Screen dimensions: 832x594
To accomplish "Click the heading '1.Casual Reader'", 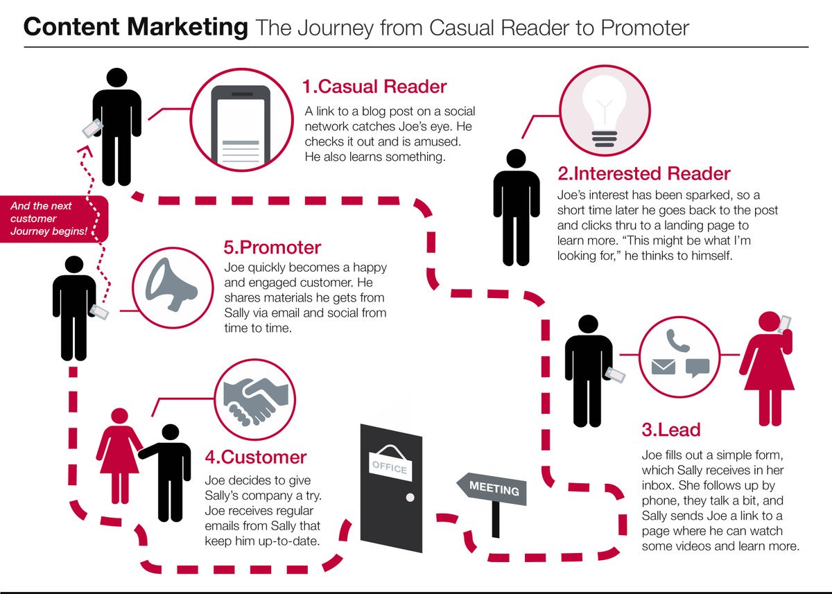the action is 374,87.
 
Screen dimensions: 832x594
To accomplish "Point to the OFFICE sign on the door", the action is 390,467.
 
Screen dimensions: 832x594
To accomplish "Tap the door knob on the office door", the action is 410,498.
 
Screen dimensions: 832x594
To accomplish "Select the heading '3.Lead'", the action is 670,430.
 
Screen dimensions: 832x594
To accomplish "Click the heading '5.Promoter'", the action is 272,248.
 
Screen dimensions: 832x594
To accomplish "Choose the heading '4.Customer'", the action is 255,457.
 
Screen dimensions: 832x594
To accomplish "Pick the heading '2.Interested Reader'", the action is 644,173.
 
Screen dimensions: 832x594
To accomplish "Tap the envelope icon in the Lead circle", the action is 664,367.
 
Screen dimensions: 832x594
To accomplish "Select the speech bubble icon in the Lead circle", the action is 697,367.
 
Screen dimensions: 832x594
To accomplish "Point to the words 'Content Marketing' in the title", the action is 135,28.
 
